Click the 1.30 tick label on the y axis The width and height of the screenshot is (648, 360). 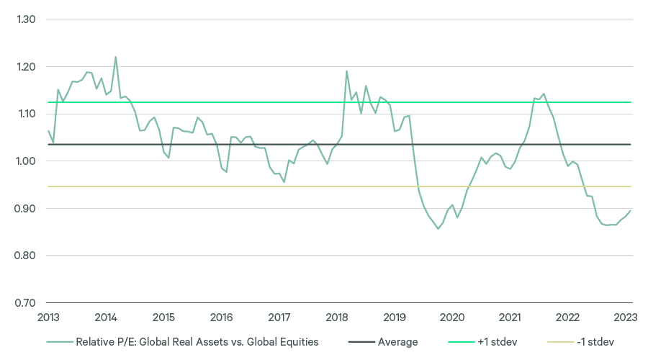[x=25, y=19]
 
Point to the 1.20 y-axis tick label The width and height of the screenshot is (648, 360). [x=25, y=67]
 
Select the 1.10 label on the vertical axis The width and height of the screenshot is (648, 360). [x=25, y=114]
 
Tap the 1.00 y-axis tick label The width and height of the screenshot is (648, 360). [x=25, y=161]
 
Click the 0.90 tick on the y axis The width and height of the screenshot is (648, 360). [x=25, y=209]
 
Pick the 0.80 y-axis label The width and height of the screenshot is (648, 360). [x=25, y=256]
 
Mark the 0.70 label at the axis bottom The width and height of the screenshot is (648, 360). [x=25, y=303]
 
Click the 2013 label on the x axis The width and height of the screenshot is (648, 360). [x=48, y=318]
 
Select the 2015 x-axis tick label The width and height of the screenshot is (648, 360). [x=163, y=318]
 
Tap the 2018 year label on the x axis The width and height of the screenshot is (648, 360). [x=337, y=318]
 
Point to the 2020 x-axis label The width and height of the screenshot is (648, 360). [x=452, y=318]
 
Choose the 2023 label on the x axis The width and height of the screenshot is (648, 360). [x=625, y=318]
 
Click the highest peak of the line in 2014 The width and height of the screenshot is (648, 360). [x=116, y=57]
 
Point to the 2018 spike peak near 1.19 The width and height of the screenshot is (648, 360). [x=346, y=71]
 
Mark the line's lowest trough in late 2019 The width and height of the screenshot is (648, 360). [x=438, y=229]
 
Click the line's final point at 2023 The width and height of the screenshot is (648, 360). [x=631, y=211]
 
